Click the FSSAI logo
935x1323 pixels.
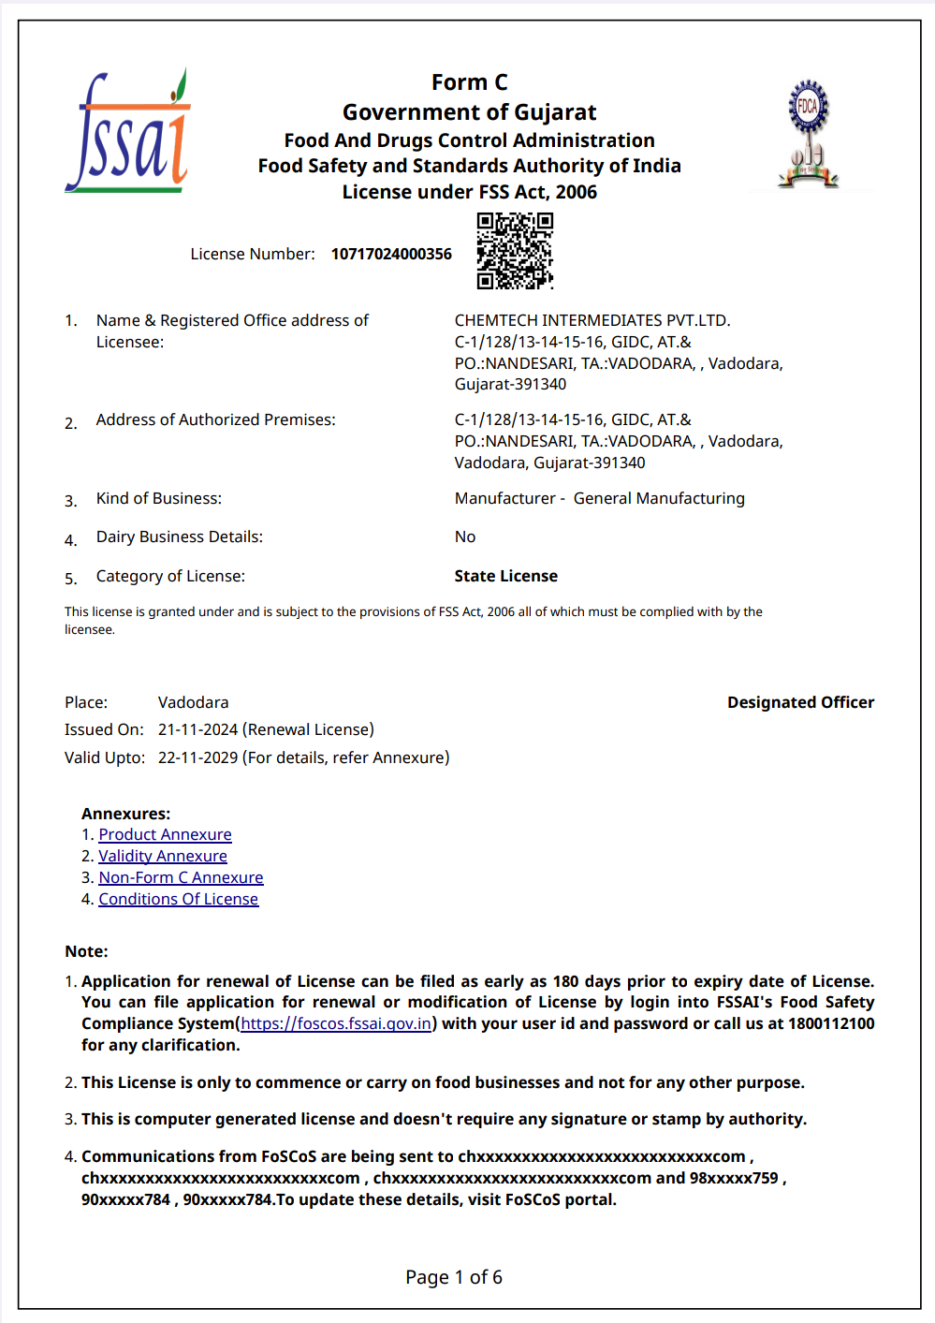[x=127, y=132]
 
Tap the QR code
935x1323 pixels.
[x=514, y=250]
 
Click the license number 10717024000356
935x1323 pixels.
[x=391, y=254]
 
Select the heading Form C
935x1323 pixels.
[x=469, y=82]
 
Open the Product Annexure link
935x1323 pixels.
[x=165, y=834]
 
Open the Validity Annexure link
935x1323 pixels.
[x=163, y=856]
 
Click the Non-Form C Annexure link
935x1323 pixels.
[x=181, y=877]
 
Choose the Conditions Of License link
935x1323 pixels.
[x=178, y=899]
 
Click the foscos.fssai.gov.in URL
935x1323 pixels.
[x=336, y=1023]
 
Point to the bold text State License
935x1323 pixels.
[x=505, y=576]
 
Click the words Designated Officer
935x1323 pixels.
[x=800, y=702]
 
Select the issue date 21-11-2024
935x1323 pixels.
[x=198, y=729]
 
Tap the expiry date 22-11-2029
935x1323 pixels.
[x=198, y=757]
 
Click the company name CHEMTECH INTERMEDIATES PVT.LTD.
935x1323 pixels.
[x=592, y=320]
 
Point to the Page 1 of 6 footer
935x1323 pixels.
[x=454, y=1277]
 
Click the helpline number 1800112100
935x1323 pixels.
[x=831, y=1023]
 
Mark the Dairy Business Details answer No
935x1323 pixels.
[x=465, y=537]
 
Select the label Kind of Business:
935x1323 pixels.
[x=159, y=498]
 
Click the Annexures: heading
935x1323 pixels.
[x=125, y=814]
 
